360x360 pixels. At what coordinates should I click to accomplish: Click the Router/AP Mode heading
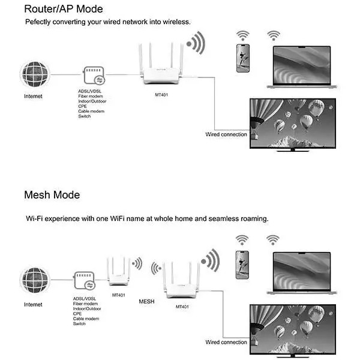click(64, 9)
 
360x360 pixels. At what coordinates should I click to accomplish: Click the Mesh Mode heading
click(52, 195)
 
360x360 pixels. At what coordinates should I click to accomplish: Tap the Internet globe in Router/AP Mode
click(34, 75)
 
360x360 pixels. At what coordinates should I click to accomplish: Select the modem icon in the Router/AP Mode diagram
click(94, 76)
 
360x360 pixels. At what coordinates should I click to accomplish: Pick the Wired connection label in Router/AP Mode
click(226, 134)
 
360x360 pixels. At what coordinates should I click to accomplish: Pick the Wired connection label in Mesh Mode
click(226, 343)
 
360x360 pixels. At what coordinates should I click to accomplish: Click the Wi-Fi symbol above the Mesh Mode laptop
click(273, 240)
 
